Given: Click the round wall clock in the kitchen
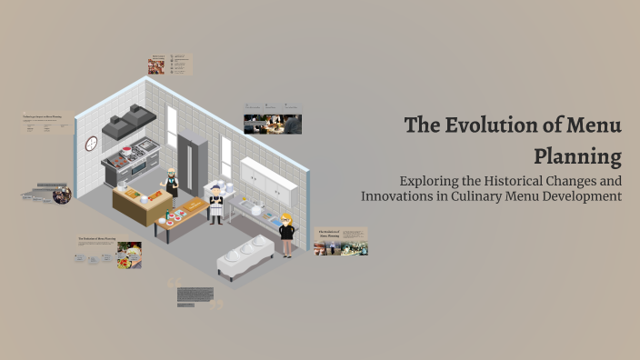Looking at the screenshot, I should [91, 144].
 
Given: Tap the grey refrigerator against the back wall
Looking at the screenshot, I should [193, 162].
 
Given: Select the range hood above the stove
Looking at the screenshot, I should [128, 123].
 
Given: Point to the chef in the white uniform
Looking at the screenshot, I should [216, 205].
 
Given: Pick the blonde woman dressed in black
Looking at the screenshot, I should [286, 234].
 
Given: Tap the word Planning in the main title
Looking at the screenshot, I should [577, 155].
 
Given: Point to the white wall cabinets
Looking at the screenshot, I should [268, 179].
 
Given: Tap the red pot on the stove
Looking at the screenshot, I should [126, 151].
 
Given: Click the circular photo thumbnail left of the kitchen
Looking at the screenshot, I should [61, 195].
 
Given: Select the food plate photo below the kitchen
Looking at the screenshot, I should [129, 255].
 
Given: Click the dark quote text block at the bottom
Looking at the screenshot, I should [195, 295].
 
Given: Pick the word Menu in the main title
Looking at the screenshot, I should [590, 125].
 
